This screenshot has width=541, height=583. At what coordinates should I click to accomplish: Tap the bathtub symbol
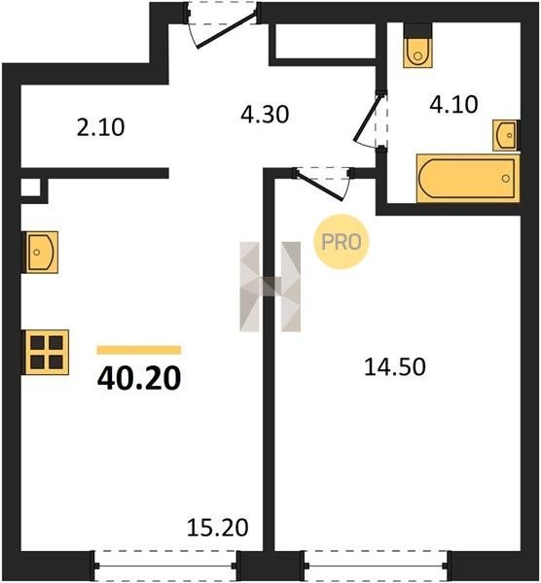click(468, 178)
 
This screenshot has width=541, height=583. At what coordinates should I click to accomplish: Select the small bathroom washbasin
click(506, 135)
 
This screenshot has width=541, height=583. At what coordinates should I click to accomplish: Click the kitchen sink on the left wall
click(40, 252)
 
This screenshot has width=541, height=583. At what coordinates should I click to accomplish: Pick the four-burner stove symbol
click(46, 352)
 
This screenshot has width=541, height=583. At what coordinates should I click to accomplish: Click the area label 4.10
click(453, 105)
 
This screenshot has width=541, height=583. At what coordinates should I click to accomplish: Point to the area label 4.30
click(265, 115)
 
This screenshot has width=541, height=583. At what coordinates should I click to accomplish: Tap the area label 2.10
click(100, 127)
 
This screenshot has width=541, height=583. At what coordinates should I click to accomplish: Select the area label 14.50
click(395, 366)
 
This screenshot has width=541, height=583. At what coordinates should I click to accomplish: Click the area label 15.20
click(217, 528)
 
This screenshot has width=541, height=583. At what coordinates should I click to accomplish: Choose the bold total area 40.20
click(139, 378)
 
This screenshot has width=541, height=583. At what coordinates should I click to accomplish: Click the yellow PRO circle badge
click(342, 242)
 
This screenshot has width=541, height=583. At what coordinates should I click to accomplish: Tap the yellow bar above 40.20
click(139, 350)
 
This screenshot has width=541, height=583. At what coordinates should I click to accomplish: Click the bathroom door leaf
click(367, 118)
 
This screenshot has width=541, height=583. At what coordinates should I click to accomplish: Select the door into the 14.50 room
click(319, 185)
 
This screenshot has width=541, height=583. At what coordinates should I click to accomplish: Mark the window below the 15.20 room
click(165, 566)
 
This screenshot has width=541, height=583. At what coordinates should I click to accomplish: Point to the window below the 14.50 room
click(376, 566)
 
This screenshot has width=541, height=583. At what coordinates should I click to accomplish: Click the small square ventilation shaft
click(30, 188)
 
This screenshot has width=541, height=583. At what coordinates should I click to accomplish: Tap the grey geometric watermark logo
click(270, 287)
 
